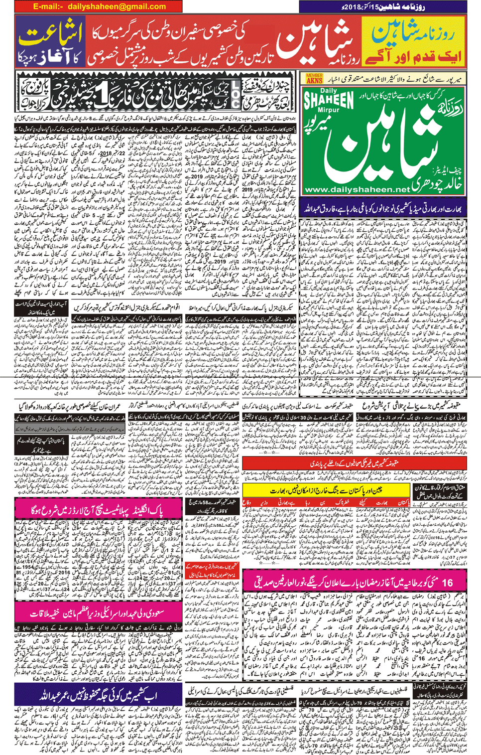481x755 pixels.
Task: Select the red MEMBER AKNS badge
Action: pos(314,78)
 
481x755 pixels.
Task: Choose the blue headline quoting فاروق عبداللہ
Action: pos(383,206)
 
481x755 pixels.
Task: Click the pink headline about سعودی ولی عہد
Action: pos(98,613)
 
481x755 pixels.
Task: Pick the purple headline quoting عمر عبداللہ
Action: pos(98,694)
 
